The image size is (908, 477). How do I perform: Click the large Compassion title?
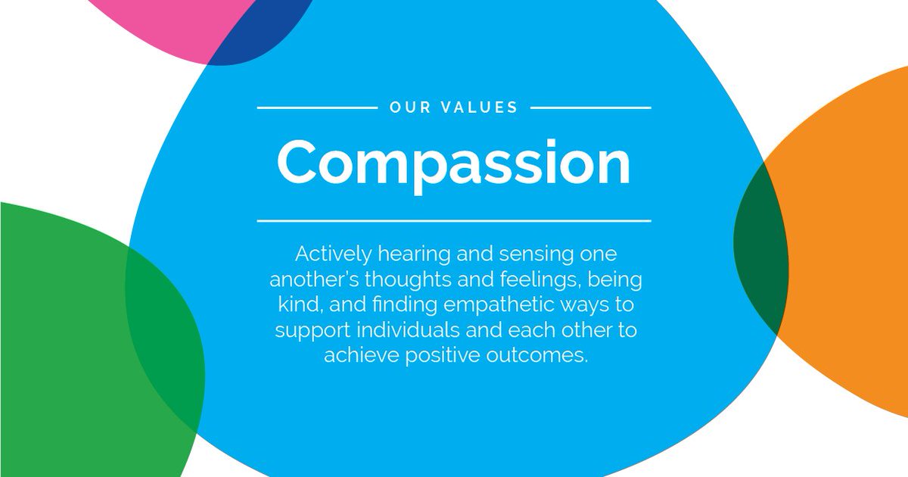(x=454, y=163)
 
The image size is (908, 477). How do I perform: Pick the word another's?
(x=313, y=279)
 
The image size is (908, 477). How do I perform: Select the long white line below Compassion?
(x=454, y=221)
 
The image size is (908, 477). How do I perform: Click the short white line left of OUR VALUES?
(x=317, y=108)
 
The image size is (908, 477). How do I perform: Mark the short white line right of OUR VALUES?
(x=590, y=108)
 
